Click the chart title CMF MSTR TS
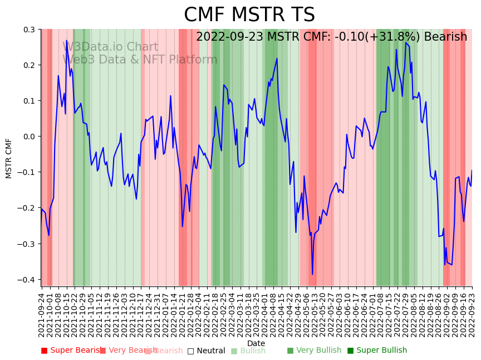tap(249, 15)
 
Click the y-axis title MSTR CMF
tap(9, 158)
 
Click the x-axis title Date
tap(256, 343)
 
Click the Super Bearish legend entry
tap(71, 351)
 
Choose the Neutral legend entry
tap(206, 351)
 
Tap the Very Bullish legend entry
tap(314, 351)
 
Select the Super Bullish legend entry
tap(377, 351)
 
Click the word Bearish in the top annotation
tap(445, 37)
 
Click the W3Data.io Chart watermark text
tap(110, 47)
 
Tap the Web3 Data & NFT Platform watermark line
tap(140, 60)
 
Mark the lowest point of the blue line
tap(312, 274)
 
